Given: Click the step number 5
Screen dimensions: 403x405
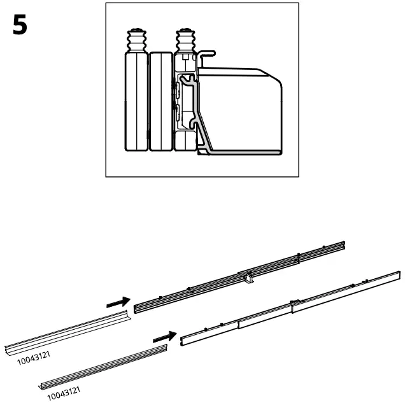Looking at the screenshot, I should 20,25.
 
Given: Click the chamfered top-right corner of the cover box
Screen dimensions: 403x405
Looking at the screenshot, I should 274,75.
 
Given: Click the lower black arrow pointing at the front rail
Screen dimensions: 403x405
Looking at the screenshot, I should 164,336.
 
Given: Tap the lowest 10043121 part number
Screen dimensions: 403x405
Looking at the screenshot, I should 66,393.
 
